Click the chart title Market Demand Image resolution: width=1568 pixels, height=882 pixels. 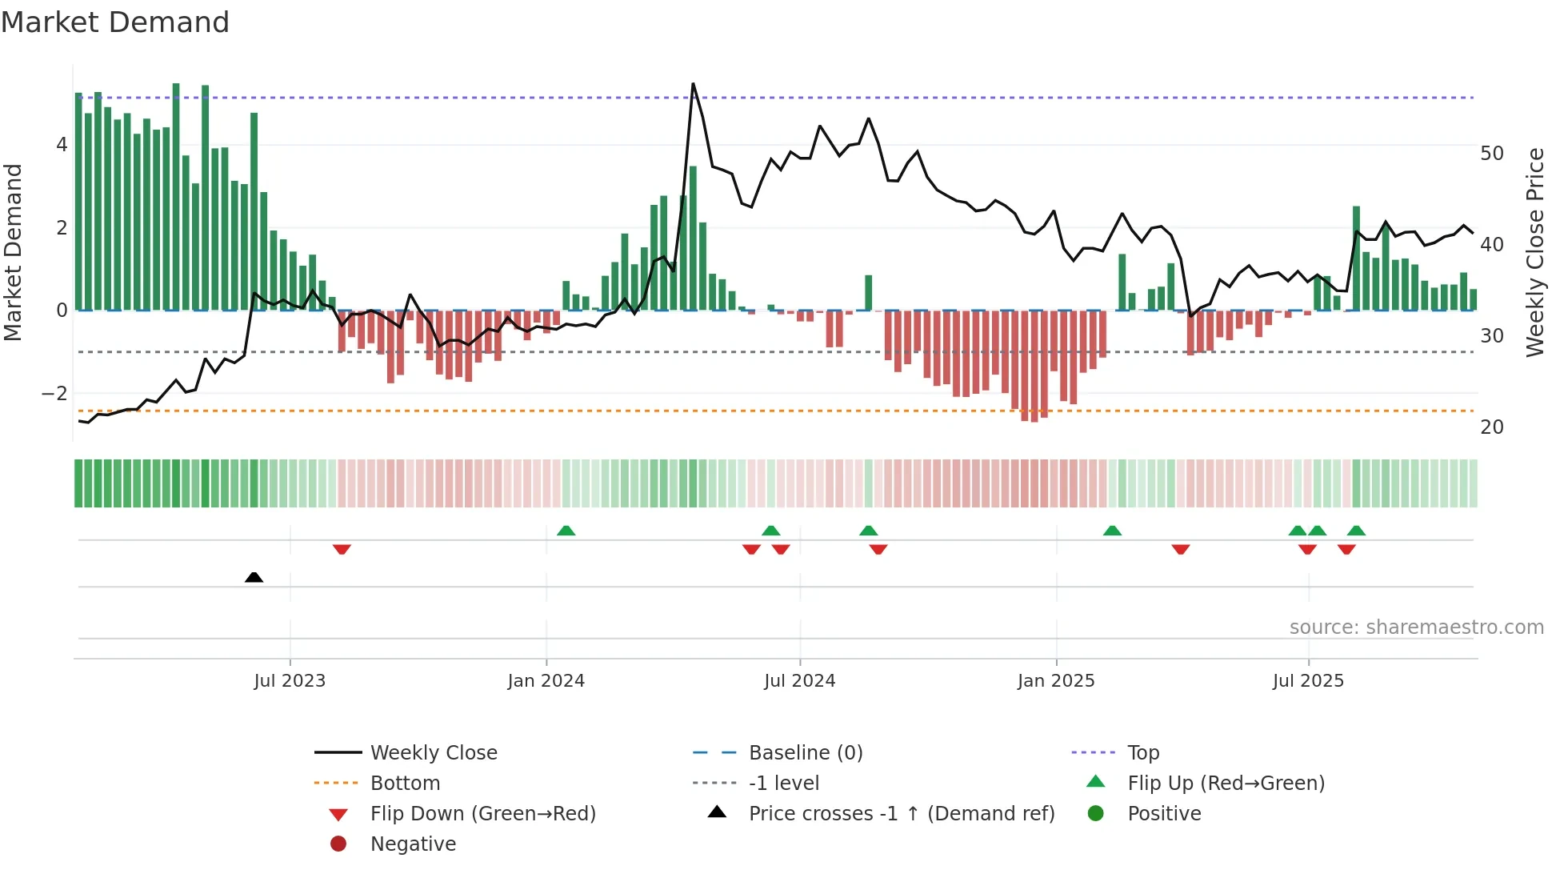tap(115, 22)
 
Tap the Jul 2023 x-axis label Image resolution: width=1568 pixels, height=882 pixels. tap(290, 681)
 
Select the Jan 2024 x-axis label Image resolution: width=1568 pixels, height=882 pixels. tap(546, 681)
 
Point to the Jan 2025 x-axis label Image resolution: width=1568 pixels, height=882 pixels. tap(1056, 681)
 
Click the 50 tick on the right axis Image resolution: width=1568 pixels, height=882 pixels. tap(1492, 154)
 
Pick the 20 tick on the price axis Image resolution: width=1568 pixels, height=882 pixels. tap(1492, 427)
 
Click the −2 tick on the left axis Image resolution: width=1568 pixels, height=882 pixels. tap(54, 394)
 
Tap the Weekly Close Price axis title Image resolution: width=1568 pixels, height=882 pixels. tap(1534, 252)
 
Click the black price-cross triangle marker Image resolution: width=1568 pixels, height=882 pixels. tap(254, 577)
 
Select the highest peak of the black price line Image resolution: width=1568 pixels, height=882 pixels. tap(693, 84)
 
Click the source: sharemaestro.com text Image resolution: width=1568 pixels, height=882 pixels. tap(1416, 627)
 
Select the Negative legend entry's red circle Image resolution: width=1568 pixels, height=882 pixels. tap(338, 844)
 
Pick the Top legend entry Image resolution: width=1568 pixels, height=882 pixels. tap(1143, 753)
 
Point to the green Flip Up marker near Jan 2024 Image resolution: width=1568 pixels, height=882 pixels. tap(566, 531)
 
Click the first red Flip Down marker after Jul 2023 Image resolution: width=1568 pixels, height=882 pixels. tap(342, 549)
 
